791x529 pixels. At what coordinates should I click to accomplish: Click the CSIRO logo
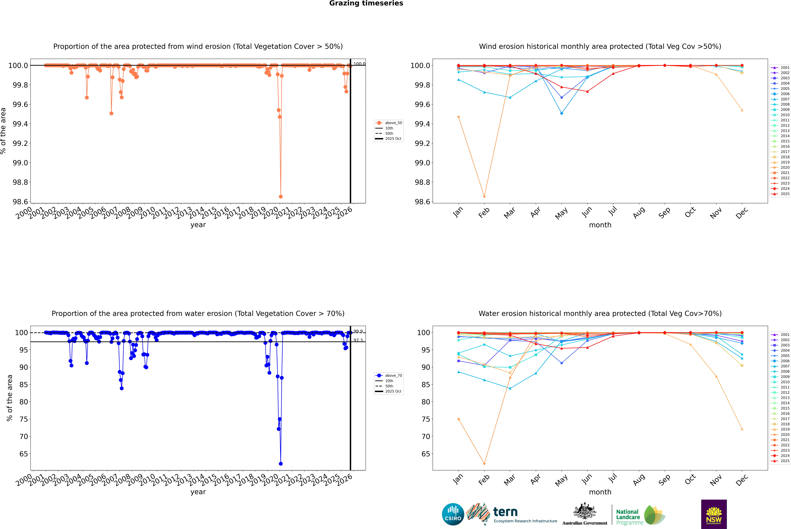click(453, 514)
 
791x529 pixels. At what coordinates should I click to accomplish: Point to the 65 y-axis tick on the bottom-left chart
click(24, 454)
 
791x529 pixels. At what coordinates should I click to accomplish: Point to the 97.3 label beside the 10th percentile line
click(358, 340)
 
